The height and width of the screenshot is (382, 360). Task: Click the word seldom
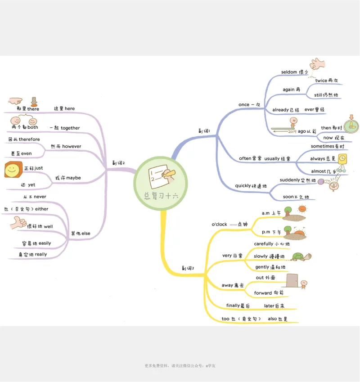(289, 72)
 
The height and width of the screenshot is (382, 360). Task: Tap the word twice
(321, 81)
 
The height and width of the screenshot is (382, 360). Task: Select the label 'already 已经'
(286, 110)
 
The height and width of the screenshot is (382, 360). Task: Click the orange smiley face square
(13, 171)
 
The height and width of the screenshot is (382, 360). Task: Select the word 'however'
(72, 146)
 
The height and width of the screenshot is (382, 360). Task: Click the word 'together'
(70, 128)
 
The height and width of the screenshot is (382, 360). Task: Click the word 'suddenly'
(290, 180)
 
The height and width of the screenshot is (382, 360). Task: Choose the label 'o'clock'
(220, 224)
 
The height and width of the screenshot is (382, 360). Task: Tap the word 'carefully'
(264, 244)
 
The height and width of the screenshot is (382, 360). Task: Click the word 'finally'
(233, 306)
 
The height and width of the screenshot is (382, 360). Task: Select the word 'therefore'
(29, 139)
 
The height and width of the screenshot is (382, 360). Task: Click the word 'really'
(40, 254)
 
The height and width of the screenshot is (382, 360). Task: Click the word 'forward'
(263, 293)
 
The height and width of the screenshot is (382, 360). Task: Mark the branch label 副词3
(188, 268)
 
